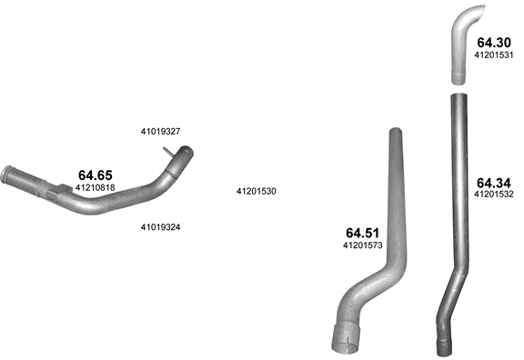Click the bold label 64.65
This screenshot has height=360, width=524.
click(x=96, y=175)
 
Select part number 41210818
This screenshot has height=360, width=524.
click(x=96, y=187)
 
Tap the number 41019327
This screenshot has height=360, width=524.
click(x=160, y=132)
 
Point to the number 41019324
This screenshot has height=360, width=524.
click(x=160, y=227)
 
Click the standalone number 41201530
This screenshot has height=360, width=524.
click(x=257, y=191)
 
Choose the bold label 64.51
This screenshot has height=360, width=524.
click(x=363, y=233)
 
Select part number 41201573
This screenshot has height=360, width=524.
click(x=363, y=245)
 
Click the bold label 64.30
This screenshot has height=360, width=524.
click(x=494, y=43)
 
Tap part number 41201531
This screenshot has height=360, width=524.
click(x=494, y=55)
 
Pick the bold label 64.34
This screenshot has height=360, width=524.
click(x=494, y=183)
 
